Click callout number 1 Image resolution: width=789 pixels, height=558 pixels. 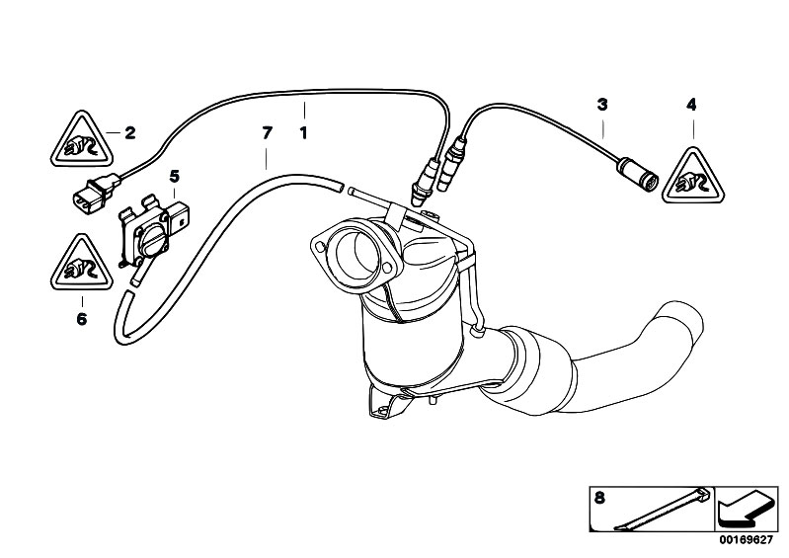tap(303, 133)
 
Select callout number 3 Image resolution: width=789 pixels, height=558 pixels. tap(602, 105)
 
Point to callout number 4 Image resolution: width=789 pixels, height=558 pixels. tap(691, 105)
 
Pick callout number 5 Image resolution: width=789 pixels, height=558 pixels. tap(174, 176)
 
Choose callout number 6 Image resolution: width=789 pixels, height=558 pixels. tap(82, 319)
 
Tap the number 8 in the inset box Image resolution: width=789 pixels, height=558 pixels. tap(599, 498)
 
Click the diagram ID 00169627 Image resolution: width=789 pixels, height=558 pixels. tap(746, 540)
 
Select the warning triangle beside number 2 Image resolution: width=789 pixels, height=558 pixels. tap(81, 140)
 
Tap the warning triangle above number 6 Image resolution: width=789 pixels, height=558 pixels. tap(81, 264)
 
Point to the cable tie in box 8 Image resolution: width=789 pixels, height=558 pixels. tap(663, 509)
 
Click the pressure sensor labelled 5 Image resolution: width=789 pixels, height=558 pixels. tap(151, 231)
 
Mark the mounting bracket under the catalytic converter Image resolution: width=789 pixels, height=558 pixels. tap(388, 402)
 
